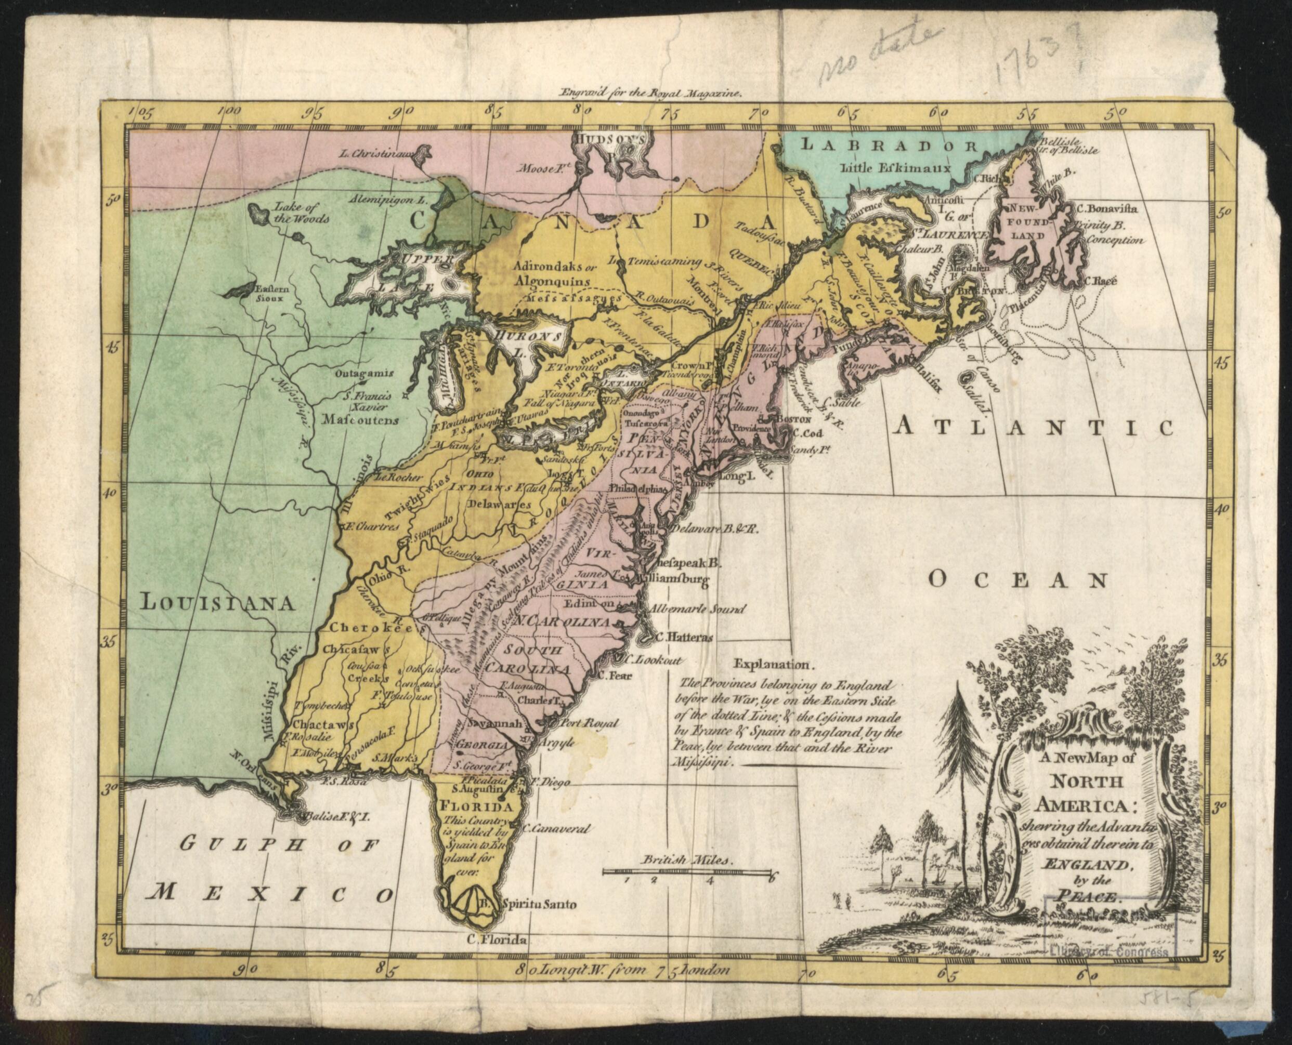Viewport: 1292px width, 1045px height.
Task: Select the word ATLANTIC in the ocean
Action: click(x=1033, y=427)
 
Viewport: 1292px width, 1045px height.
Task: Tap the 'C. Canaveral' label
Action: click(x=554, y=829)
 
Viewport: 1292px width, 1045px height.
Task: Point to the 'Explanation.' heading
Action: click(x=773, y=665)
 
